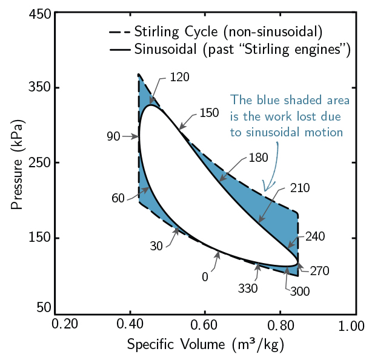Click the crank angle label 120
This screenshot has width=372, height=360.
(180, 77)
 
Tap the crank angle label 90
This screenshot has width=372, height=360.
(114, 136)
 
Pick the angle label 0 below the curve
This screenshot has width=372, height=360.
(205, 276)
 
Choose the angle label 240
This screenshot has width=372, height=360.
(315, 238)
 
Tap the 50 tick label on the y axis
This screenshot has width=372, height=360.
(43, 308)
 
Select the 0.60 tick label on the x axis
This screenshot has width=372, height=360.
(205, 325)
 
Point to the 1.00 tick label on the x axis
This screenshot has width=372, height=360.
(351, 325)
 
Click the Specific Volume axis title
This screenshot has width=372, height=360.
(205, 345)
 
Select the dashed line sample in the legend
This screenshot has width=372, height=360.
(119, 31)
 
